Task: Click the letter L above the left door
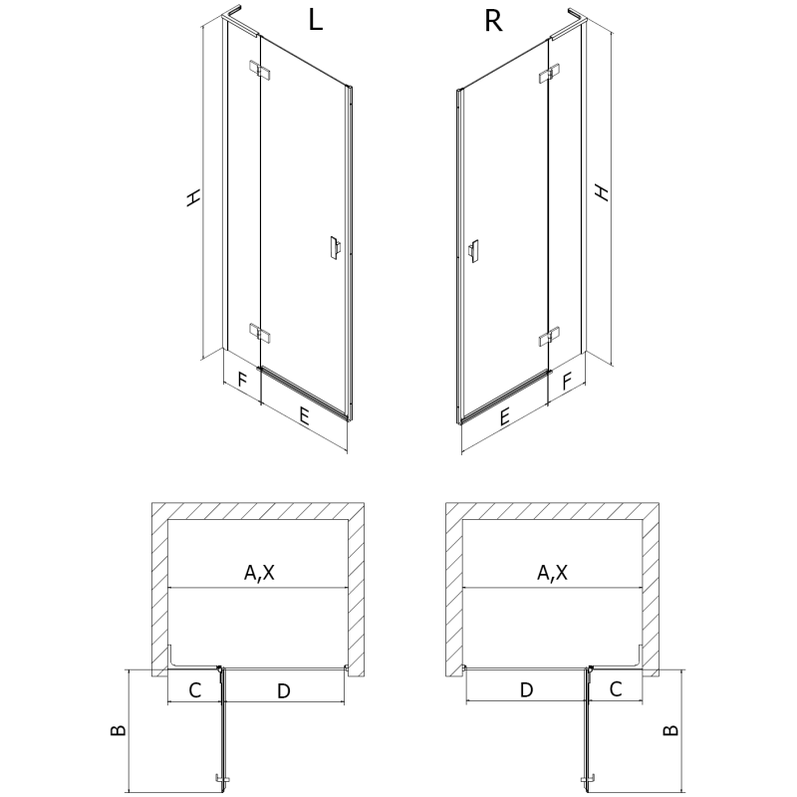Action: click(315, 21)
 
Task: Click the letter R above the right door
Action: click(492, 21)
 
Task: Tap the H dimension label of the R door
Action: click(601, 191)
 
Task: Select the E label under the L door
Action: click(303, 416)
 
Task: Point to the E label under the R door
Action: click(505, 418)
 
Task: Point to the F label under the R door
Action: click(567, 380)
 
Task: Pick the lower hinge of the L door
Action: click(259, 332)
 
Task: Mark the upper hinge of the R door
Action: click(548, 75)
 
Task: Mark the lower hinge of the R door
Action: click(548, 338)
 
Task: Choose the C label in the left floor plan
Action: click(195, 689)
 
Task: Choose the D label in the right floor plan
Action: click(527, 689)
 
